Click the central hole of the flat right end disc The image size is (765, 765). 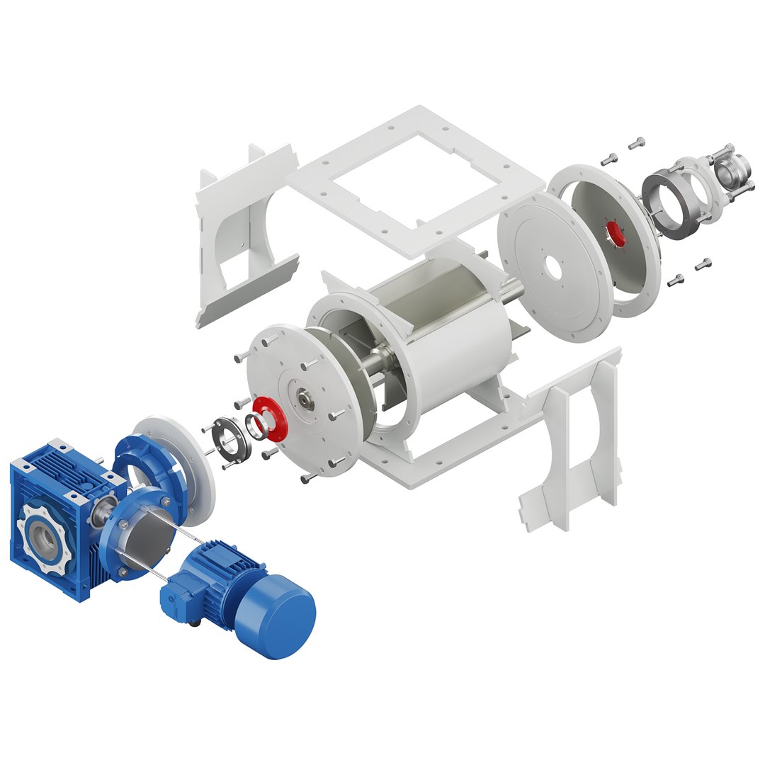(x=552, y=271)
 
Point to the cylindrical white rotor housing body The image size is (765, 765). (x=453, y=340)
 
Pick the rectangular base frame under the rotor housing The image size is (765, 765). (x=453, y=453)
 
